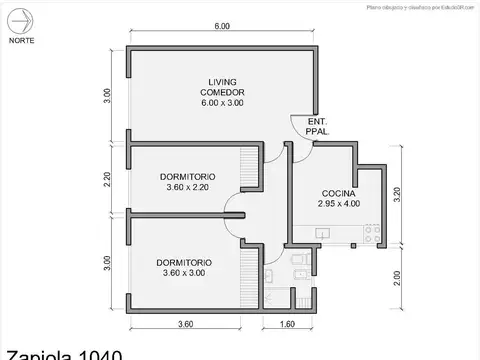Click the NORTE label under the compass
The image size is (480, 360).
(x=20, y=41)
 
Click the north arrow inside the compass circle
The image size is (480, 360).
(x=20, y=19)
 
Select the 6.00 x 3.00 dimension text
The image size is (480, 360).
(x=222, y=103)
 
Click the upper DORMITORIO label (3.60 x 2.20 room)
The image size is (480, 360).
(x=187, y=178)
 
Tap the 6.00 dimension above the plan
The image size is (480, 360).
(x=222, y=26)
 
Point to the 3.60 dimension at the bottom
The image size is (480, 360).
(x=185, y=323)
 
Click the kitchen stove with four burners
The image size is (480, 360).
(x=371, y=234)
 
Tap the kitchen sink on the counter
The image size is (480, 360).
(x=322, y=233)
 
